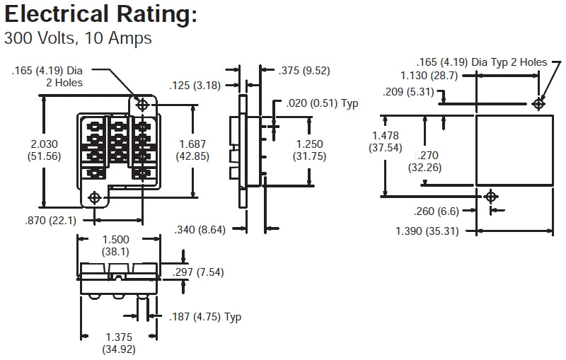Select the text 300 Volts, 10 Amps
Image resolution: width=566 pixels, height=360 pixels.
(78, 38)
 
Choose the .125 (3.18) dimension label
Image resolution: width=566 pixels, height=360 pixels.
(195, 86)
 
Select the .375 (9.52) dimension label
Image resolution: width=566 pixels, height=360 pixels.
(305, 71)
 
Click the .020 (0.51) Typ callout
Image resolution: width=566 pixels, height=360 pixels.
(323, 103)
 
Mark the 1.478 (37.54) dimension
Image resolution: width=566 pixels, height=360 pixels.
(386, 141)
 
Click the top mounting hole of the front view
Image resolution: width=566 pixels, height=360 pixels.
(142, 105)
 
